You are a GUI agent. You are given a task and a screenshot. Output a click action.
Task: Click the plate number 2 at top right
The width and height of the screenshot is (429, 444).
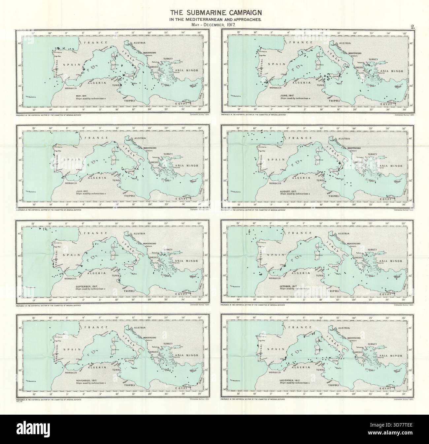[x=412, y=27]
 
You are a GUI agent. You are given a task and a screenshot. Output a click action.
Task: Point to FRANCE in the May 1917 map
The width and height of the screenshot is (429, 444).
[x=92, y=43]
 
